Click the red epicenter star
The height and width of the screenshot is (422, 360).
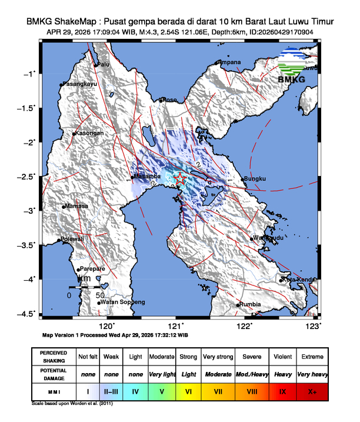(181, 178)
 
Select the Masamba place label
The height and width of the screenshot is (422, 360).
(147, 176)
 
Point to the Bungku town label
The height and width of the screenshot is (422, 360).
(255, 179)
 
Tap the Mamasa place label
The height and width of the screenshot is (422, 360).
(76, 206)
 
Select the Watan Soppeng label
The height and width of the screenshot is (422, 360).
(123, 302)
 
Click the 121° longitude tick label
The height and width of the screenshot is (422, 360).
(176, 325)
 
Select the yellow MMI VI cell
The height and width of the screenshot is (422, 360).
(188, 391)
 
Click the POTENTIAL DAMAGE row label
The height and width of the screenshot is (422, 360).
(54, 374)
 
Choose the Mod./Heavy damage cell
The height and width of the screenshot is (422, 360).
(249, 374)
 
